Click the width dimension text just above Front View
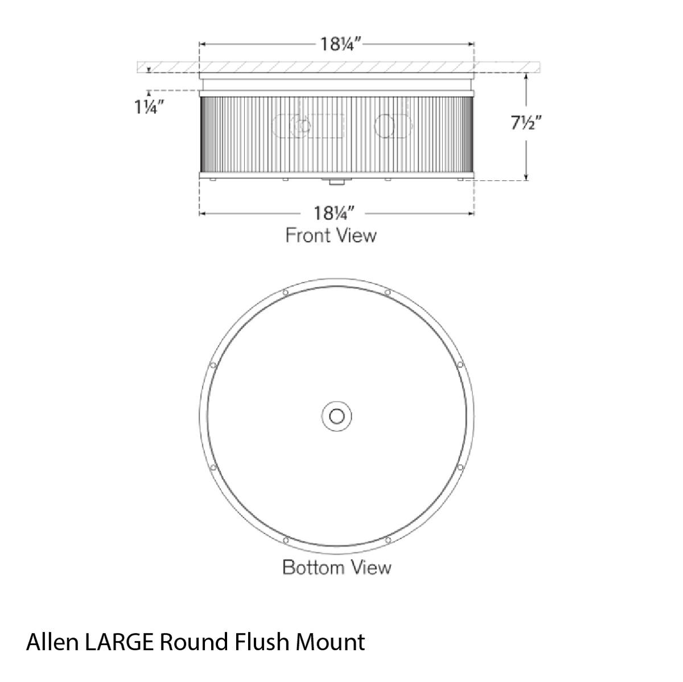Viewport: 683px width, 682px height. [335, 213]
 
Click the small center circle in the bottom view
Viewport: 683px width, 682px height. [337, 416]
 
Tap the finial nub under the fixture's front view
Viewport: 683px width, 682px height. [336, 183]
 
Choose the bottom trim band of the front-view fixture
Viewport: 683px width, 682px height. [336, 176]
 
